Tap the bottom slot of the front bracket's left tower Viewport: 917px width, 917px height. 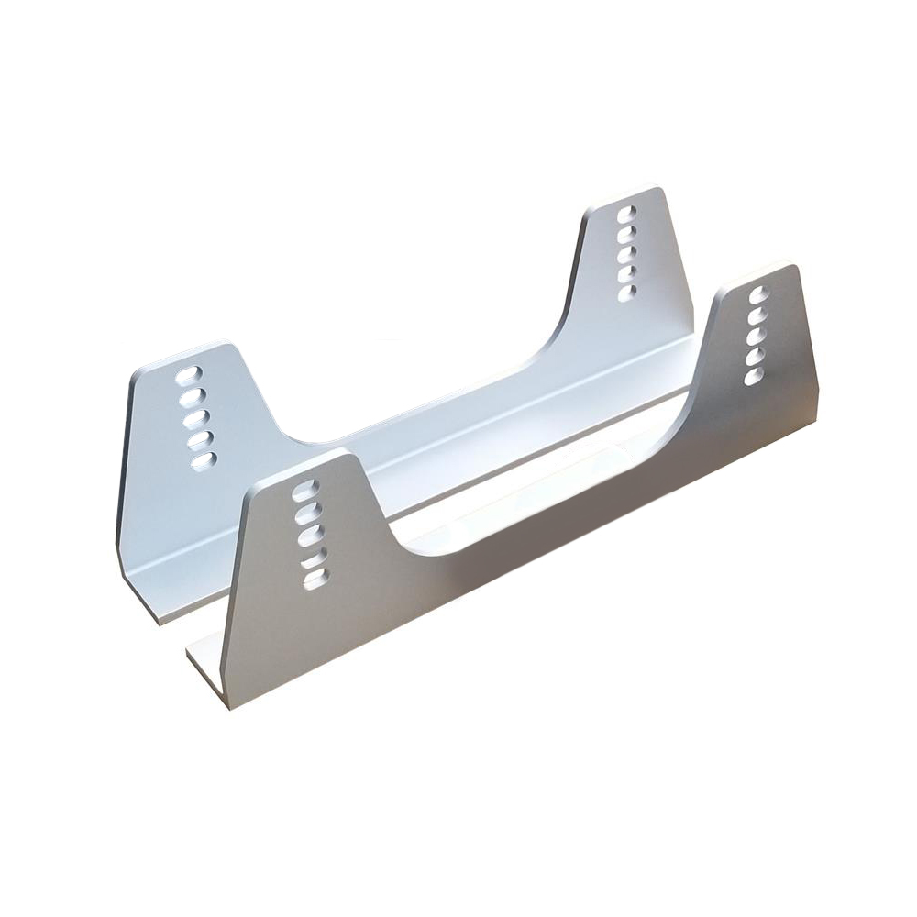tap(315, 580)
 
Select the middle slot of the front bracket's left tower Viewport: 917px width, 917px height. tap(309, 536)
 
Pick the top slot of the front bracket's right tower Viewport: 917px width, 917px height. tap(757, 295)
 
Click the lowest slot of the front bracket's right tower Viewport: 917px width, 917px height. tap(754, 375)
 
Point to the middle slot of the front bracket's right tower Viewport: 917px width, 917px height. tap(756, 336)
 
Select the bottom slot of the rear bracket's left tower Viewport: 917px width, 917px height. tap(203, 459)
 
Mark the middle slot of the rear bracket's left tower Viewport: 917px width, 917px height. tap(195, 418)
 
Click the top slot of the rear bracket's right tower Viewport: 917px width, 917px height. tap(627, 214)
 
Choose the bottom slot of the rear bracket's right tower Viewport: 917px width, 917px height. tap(627, 293)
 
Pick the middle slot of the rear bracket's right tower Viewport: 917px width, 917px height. tap(627, 254)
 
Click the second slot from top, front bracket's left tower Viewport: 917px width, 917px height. tap(306, 513)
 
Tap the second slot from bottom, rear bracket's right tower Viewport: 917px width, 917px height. tap(627, 273)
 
